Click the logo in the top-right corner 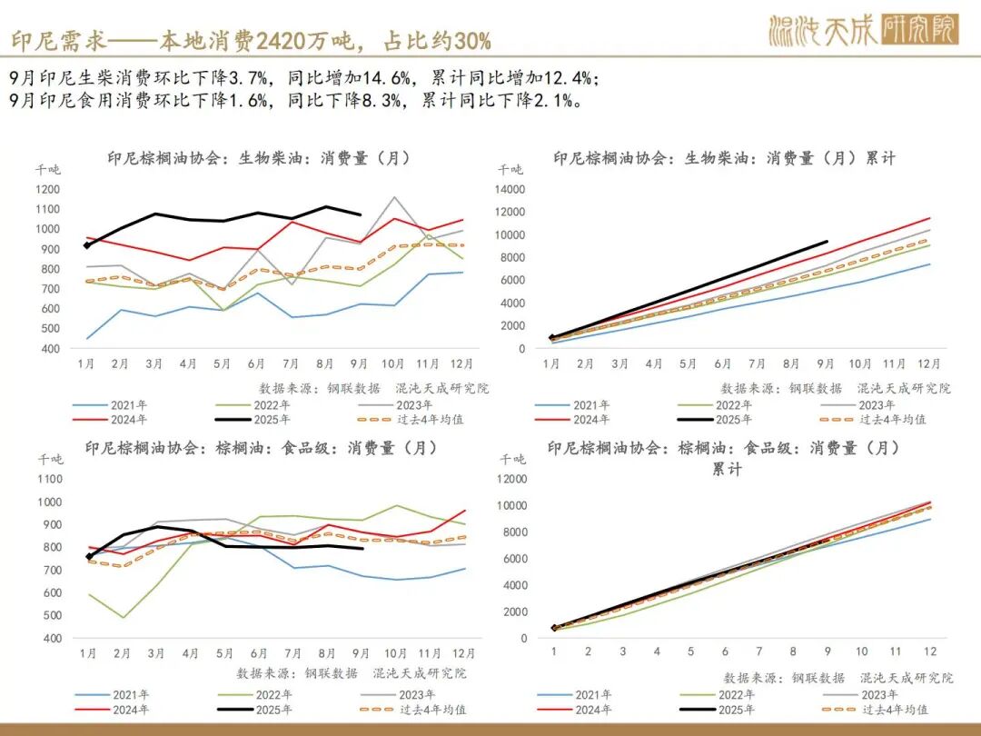point(862,31)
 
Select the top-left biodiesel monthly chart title point(259,158)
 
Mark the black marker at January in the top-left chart point(87,245)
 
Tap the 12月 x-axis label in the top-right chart point(927,363)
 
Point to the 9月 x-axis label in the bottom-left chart point(362,652)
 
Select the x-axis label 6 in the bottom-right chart point(724,651)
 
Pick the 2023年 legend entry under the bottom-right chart point(877,695)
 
